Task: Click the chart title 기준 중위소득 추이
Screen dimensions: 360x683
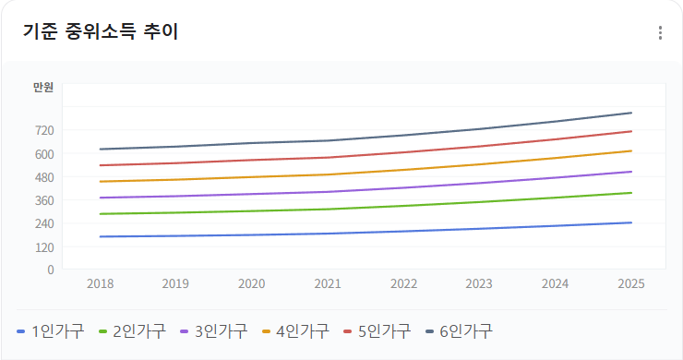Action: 101,32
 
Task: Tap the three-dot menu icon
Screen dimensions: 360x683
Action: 660,33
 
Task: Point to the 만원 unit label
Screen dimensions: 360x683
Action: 43,88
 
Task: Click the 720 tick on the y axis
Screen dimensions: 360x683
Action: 44,130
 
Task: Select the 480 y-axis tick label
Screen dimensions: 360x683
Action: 44,177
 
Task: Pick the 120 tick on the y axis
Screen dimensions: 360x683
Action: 44,246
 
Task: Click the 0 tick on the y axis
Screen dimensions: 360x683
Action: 51,270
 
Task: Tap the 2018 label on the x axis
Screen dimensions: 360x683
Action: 100,283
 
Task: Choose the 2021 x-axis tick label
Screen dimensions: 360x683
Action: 328,283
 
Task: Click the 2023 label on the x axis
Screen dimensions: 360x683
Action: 479,283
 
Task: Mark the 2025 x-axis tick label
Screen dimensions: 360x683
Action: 631,283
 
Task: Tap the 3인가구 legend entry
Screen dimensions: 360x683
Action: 214,330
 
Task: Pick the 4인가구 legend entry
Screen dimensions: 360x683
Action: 295,330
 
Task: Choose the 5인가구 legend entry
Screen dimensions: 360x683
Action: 377,330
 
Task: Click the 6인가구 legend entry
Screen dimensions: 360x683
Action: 459,330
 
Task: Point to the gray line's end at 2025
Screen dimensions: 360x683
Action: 631,113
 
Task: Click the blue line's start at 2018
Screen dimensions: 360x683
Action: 100,236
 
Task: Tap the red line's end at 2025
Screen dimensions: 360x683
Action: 631,131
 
